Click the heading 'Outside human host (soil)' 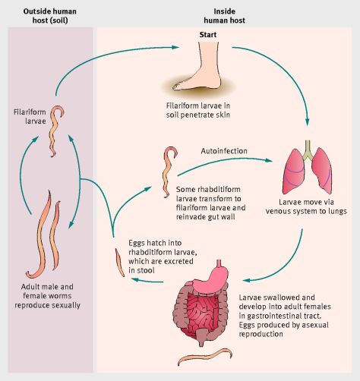tap(48, 14)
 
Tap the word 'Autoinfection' tap(223, 150)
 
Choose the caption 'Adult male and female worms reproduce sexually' tap(47, 295)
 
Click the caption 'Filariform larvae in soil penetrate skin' tap(210, 112)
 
